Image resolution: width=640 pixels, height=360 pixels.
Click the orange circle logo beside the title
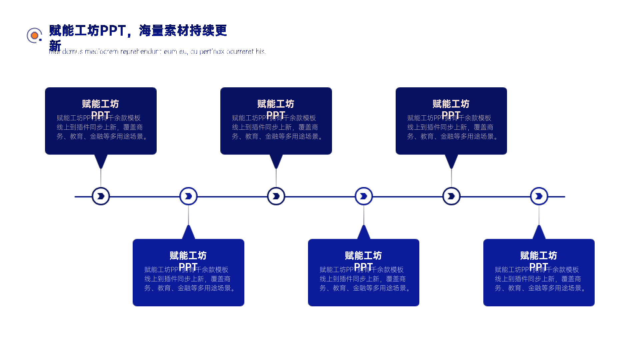(34, 35)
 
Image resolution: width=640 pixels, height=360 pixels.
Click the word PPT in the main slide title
(112, 31)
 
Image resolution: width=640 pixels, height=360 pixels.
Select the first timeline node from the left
(101, 196)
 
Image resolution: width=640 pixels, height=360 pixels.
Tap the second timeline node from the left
(188, 196)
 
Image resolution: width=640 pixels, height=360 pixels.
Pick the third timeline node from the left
(276, 196)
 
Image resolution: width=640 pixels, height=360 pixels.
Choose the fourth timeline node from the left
(364, 196)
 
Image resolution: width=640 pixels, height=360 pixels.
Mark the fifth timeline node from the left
(451, 196)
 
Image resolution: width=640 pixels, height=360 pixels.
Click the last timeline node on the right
(539, 196)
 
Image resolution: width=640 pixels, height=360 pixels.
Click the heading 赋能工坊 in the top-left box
(101, 104)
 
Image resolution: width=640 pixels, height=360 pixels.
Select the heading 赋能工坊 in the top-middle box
(276, 104)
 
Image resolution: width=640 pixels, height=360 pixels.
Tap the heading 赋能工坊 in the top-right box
(451, 104)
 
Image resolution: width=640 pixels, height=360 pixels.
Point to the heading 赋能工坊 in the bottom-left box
(188, 256)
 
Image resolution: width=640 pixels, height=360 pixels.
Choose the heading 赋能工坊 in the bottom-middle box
(364, 256)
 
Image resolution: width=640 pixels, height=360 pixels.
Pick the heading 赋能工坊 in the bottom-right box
(539, 256)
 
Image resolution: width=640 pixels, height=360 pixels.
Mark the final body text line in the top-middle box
(277, 137)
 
